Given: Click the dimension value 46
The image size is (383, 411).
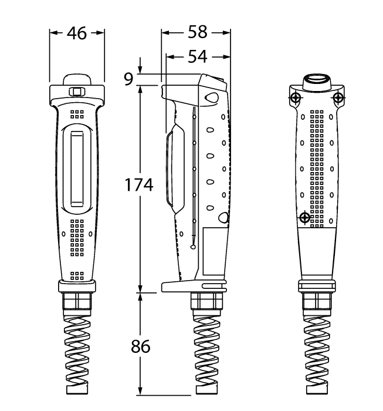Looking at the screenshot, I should pyautogui.click(x=77, y=33).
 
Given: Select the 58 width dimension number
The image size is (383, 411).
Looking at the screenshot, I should pyautogui.click(x=197, y=33).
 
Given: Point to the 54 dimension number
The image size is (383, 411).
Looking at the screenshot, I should pyautogui.click(x=197, y=56).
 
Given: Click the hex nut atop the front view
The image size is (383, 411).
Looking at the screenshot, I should pyautogui.click(x=77, y=91).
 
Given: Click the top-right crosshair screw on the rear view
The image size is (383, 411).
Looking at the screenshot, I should pyautogui.click(x=338, y=97).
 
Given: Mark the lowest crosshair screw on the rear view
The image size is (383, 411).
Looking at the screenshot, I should pyautogui.click(x=304, y=218).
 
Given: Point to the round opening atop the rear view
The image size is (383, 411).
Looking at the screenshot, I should pyautogui.click(x=317, y=80).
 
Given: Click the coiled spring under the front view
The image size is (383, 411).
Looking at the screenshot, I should pyautogui.click(x=77, y=352).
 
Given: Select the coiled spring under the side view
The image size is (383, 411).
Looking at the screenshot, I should pyautogui.click(x=208, y=352).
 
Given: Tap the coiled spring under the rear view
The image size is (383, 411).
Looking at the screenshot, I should pyautogui.click(x=317, y=352).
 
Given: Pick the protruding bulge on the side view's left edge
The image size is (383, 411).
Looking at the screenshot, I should pyautogui.click(x=171, y=170).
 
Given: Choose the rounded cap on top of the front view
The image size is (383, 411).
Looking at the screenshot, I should pyautogui.click(x=77, y=79).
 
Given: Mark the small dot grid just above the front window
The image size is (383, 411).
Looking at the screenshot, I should pyautogui.click(x=77, y=113).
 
